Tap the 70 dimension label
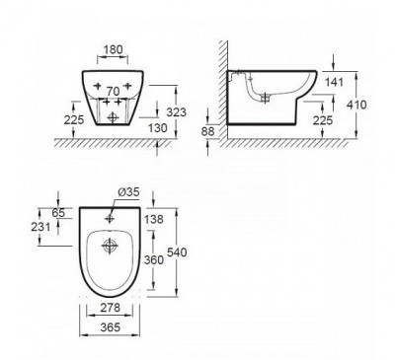[115, 91]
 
